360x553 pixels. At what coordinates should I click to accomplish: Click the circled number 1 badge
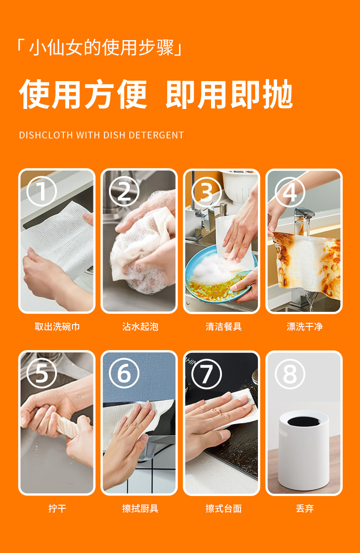tap(42, 191)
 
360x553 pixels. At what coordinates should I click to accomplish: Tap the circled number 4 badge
tap(290, 192)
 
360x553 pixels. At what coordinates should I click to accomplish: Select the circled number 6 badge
tap(124, 373)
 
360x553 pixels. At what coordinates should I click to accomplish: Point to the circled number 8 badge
tap(290, 374)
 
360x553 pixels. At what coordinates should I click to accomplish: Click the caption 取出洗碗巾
tap(57, 326)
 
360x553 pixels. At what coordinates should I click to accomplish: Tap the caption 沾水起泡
tap(140, 326)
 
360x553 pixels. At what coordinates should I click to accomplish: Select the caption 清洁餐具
tap(224, 326)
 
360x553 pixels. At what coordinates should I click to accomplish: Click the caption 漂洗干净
tap(304, 326)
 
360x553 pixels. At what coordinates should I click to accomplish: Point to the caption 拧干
tap(57, 508)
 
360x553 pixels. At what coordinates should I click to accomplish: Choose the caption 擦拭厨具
tap(140, 508)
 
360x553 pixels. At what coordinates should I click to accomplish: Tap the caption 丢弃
tap(304, 508)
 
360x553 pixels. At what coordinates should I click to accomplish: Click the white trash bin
tap(303, 450)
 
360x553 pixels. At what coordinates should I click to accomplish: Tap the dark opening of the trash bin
tap(303, 421)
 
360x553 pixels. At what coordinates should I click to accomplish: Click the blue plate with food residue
tap(217, 276)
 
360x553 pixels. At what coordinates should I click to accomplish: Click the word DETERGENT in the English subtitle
tap(156, 135)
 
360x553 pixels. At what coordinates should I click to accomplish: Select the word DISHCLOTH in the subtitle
tap(46, 135)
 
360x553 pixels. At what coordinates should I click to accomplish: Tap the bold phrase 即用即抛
tap(229, 94)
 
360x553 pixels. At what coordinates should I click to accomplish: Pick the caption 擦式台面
tap(224, 508)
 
